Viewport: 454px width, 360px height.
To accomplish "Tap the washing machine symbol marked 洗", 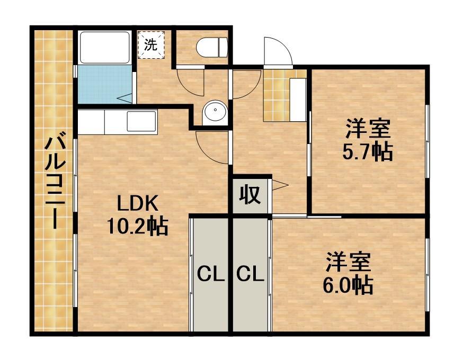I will click(152, 45).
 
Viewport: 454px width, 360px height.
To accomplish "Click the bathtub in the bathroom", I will click(104, 48).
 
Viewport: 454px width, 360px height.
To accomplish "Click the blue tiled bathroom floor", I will click(103, 85).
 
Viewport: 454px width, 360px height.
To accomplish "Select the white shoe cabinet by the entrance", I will click(298, 100).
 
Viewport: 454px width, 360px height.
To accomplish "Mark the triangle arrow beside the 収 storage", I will click(279, 185).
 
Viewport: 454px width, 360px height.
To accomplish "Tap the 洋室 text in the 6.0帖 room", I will click(348, 263).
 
